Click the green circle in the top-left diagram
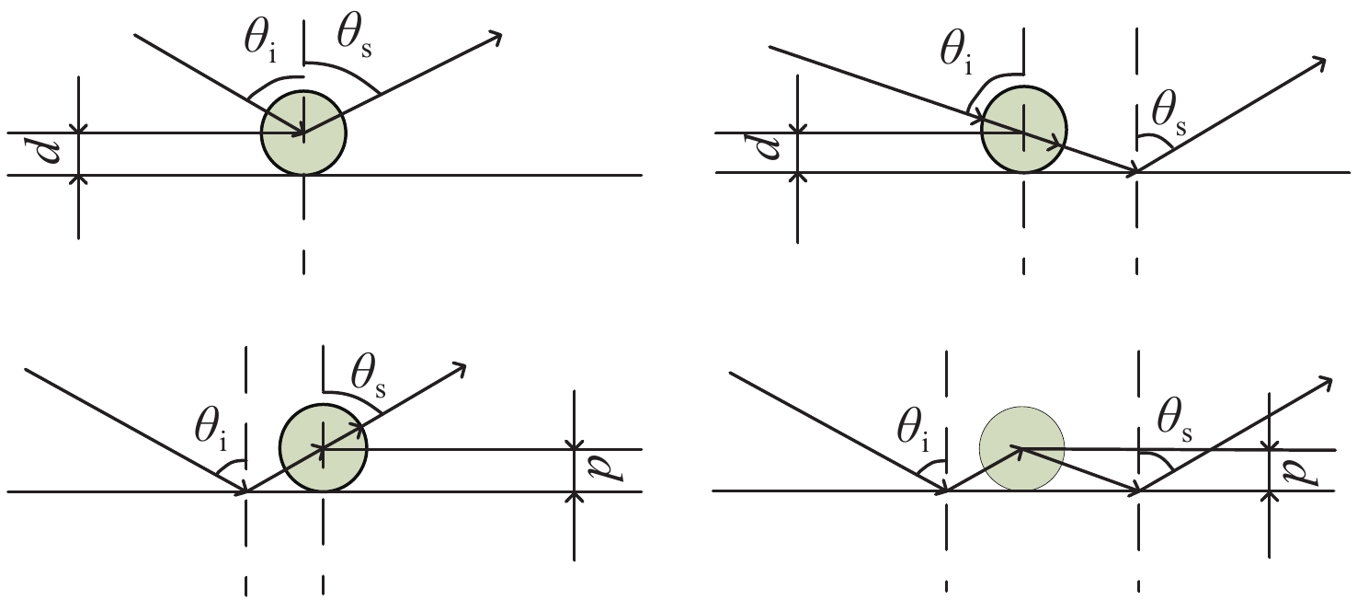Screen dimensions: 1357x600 click(303, 133)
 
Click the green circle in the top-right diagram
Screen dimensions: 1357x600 click(1024, 130)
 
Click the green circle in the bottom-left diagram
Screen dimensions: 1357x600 click(324, 448)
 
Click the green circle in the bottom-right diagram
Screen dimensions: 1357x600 click(1022, 448)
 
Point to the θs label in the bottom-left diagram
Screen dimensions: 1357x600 click(369, 378)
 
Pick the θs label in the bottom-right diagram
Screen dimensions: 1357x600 click(1175, 422)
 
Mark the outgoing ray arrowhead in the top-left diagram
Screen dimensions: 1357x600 click(496, 38)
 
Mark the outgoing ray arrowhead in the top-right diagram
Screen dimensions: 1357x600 click(1319, 63)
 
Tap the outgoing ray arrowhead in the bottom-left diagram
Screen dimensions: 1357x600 click(459, 368)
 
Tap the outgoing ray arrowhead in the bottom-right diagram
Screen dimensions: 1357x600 click(1326, 382)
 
